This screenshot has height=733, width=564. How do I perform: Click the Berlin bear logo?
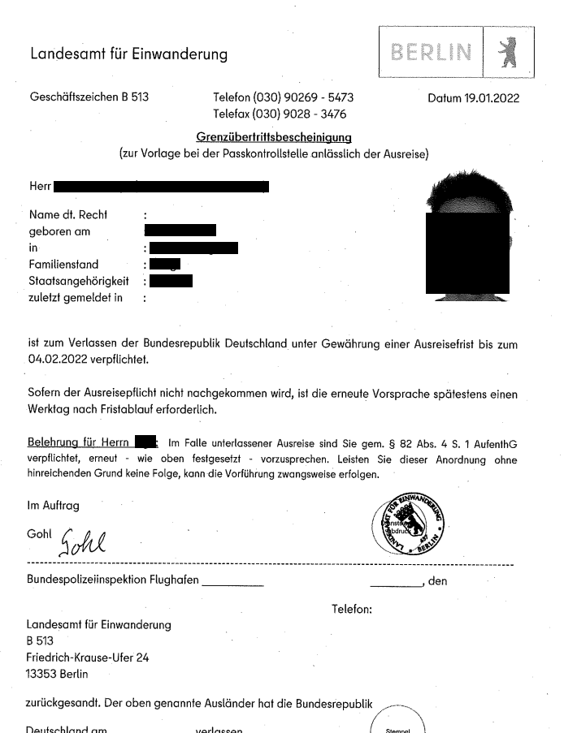click(x=509, y=53)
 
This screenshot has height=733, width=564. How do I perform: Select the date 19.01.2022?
click(x=490, y=98)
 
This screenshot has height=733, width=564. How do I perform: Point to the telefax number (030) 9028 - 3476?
click(x=301, y=114)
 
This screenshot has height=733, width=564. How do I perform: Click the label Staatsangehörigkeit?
click(x=79, y=281)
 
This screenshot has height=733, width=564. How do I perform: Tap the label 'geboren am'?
click(x=58, y=231)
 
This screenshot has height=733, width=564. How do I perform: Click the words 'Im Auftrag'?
click(x=53, y=505)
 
